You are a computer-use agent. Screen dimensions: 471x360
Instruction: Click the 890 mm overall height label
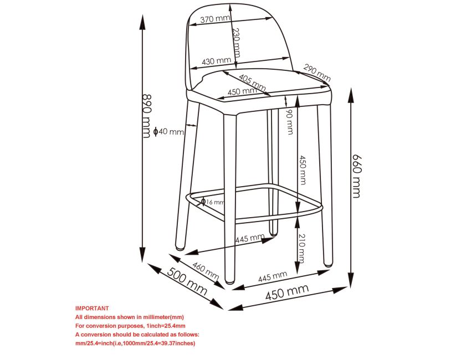146,116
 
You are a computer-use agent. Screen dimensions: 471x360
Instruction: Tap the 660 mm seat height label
356,176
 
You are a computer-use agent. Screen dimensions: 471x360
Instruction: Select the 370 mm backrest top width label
215,19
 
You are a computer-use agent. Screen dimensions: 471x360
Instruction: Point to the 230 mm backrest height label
237,42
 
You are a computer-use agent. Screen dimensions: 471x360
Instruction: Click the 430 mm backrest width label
216,61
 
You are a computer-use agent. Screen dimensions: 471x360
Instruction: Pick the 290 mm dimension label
317,73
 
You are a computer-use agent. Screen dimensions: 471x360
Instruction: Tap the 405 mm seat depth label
252,83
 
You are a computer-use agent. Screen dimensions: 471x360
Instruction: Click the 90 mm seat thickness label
289,122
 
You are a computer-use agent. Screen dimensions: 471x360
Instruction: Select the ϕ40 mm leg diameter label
168,131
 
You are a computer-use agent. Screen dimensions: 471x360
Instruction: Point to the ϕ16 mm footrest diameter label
213,202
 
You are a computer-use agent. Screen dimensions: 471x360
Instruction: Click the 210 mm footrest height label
301,248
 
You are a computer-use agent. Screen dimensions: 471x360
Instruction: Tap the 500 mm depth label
187,281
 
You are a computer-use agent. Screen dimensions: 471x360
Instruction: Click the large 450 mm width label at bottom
287,292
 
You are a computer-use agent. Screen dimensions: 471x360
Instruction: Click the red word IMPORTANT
92,308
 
